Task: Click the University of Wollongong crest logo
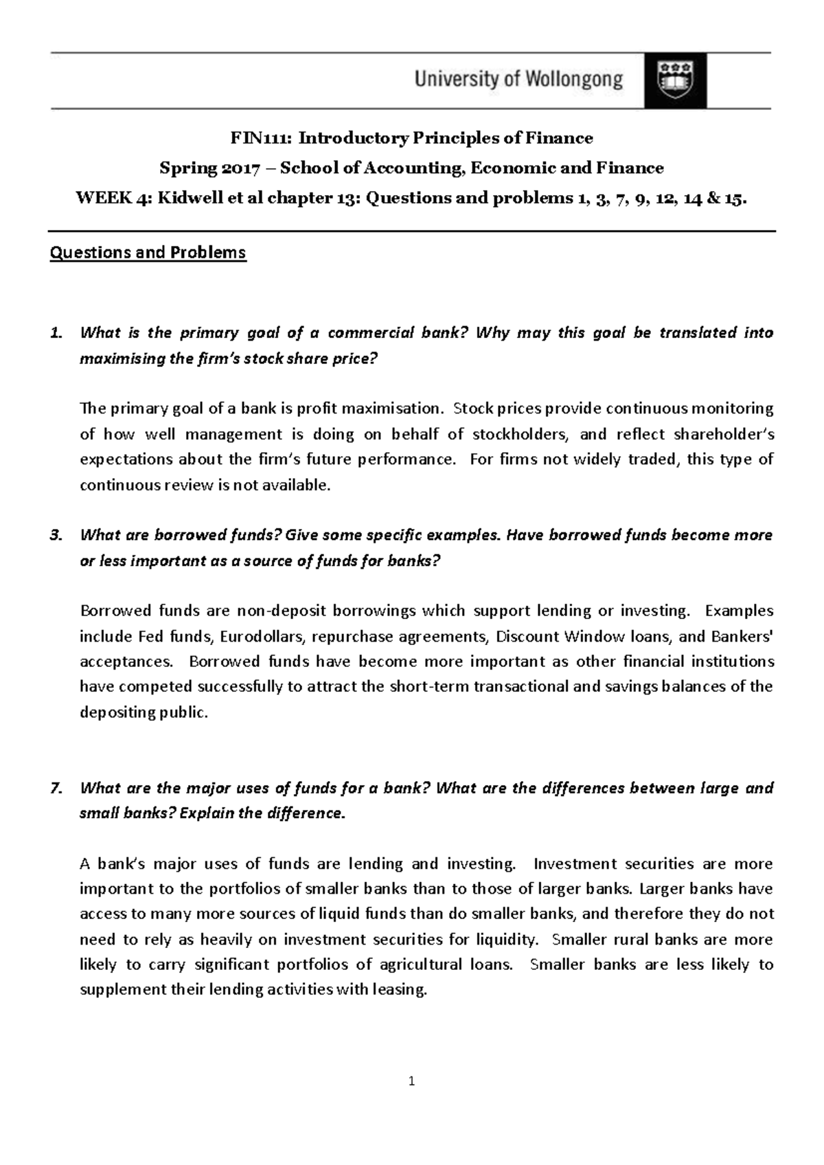(x=675, y=80)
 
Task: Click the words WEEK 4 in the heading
(x=114, y=199)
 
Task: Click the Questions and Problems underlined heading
(x=148, y=253)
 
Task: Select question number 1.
(x=56, y=334)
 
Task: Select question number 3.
(x=56, y=535)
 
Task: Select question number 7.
(x=56, y=788)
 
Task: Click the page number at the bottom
(x=411, y=1083)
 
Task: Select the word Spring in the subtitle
(x=187, y=169)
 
